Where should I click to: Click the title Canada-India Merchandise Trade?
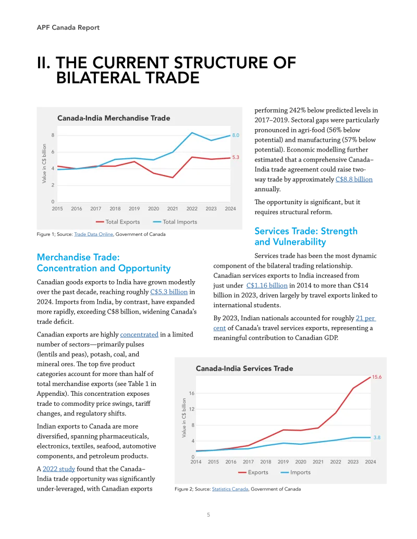tap(114, 118)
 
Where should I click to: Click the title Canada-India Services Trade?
tap(244, 368)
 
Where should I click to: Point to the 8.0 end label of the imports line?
tap(236, 135)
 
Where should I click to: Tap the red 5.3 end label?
tap(236, 157)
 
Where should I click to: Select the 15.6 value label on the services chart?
tap(377, 377)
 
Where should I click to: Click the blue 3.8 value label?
tap(377, 437)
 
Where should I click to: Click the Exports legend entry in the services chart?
tap(253, 472)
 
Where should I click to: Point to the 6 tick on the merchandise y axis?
tap(53, 152)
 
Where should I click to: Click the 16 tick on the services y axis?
tap(192, 393)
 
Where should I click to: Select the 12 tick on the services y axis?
tap(192, 409)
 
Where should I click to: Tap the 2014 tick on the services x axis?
tap(196, 462)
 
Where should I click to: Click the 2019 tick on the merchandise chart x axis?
tap(134, 209)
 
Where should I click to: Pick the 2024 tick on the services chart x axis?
tap(371, 462)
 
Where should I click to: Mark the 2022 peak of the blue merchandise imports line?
tap(192, 133)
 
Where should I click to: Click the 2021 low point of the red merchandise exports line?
tap(173, 178)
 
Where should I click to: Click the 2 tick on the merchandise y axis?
tap(53, 185)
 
